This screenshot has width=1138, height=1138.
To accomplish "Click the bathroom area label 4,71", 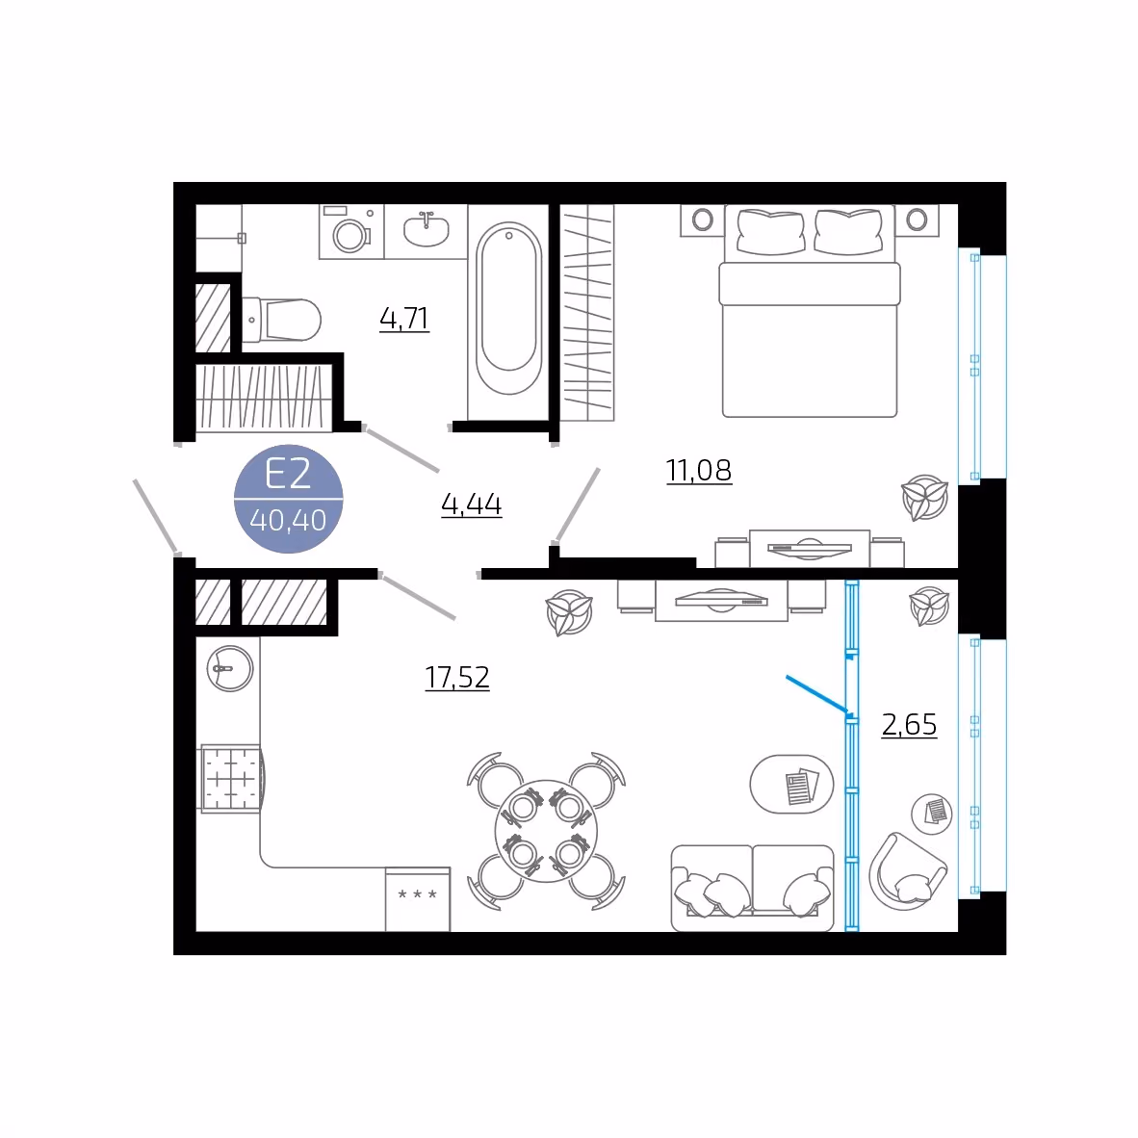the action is pyautogui.click(x=404, y=319).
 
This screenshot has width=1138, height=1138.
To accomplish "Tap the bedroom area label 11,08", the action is pyautogui.click(x=699, y=470).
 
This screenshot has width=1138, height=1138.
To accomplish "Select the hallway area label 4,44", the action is pyautogui.click(x=471, y=504).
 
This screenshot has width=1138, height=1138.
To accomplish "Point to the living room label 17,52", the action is pyautogui.click(x=457, y=677).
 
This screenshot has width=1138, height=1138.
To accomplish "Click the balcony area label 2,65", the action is pyautogui.click(x=909, y=724).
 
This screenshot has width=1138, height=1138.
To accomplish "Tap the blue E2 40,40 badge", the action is pyautogui.click(x=288, y=499).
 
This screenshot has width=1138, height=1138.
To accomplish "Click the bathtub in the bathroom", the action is pyautogui.click(x=508, y=308).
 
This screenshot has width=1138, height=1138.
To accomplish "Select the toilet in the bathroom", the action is pyautogui.click(x=281, y=320).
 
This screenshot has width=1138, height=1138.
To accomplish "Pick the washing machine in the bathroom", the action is pyautogui.click(x=351, y=231).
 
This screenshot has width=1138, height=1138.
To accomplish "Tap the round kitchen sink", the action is pyautogui.click(x=230, y=668).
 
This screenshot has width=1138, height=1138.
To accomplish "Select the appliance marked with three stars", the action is pyautogui.click(x=417, y=899).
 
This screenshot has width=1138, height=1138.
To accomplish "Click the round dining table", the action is pyautogui.click(x=546, y=831).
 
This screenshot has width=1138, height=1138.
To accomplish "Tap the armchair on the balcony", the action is pyautogui.click(x=908, y=871).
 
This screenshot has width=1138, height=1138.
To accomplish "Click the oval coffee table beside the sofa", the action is pyautogui.click(x=791, y=784).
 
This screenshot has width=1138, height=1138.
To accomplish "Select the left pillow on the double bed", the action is pyautogui.click(x=770, y=232).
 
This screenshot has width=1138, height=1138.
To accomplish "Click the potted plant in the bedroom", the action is pyautogui.click(x=924, y=498).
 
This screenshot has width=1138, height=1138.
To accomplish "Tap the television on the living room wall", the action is pyautogui.click(x=721, y=601).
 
